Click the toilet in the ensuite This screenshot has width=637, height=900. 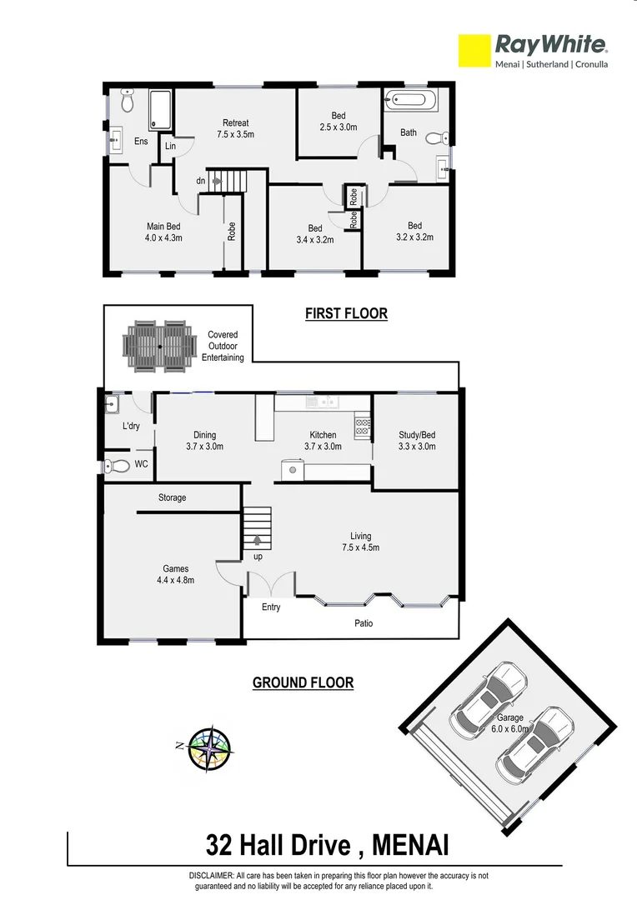pyautogui.click(x=127, y=101)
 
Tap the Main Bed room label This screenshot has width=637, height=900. pyautogui.click(x=163, y=232)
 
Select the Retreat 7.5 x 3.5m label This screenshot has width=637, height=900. pyautogui.click(x=235, y=128)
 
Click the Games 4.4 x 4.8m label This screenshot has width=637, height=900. pyautogui.click(x=175, y=575)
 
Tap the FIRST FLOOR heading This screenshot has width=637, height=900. pyautogui.click(x=346, y=314)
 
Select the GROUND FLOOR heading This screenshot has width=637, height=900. pyautogui.click(x=303, y=682)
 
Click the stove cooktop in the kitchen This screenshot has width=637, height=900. pyautogui.click(x=363, y=427)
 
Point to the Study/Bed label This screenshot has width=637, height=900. pyautogui.click(x=417, y=440)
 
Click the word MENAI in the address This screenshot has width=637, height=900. pyautogui.click(x=410, y=847)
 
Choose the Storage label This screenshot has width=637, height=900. pyautogui.click(x=173, y=497)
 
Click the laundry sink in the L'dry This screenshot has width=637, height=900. pyautogui.click(x=113, y=406)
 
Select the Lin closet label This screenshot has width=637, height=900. pyautogui.click(x=170, y=147)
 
